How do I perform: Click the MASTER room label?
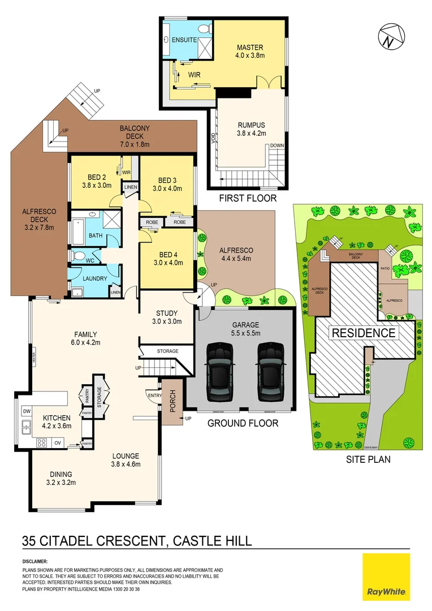250,47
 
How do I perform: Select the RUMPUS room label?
250,125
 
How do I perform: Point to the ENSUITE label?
185,40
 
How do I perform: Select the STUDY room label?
167,313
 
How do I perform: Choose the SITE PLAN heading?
368,459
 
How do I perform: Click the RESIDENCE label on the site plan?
363,333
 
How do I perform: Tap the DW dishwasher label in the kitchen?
26,411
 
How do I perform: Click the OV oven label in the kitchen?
57,443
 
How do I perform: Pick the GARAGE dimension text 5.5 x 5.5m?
245,333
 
